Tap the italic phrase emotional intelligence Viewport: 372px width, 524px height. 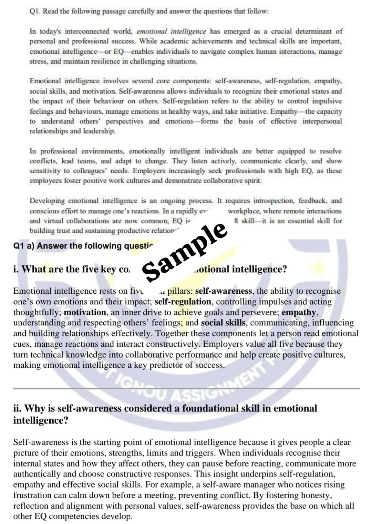[x=172, y=31]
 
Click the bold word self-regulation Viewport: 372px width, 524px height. [x=183, y=302]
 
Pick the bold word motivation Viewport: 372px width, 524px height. [x=85, y=312]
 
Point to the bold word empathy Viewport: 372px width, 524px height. [x=299, y=312]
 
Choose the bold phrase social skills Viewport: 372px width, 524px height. [x=223, y=323]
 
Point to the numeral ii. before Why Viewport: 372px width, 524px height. [x=18, y=408]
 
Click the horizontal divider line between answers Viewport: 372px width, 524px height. [x=186, y=388]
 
